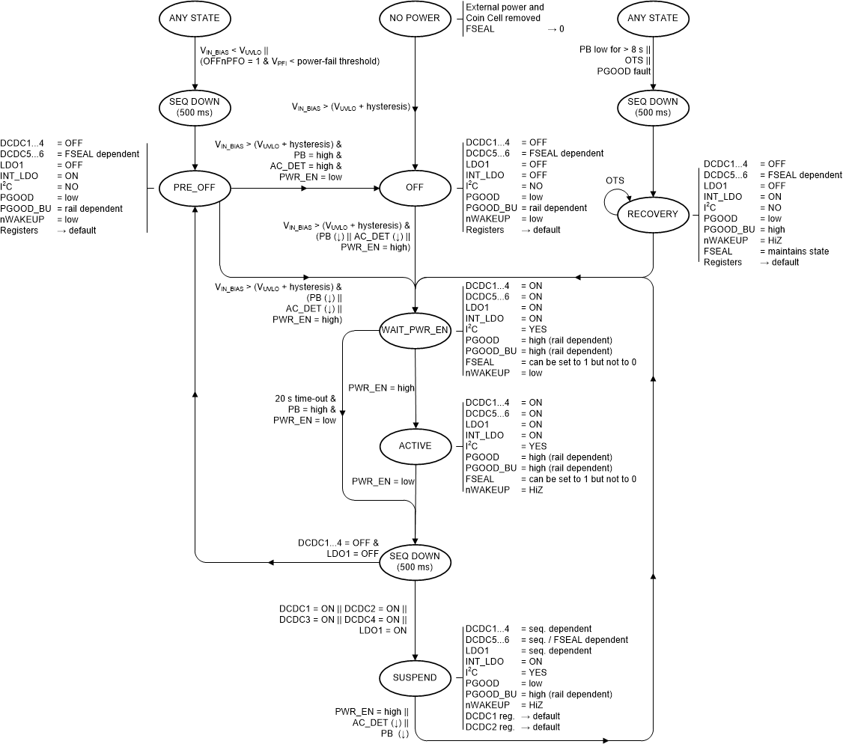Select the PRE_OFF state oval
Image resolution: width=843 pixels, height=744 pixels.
pos(195,188)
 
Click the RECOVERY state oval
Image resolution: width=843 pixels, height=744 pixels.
pos(653,214)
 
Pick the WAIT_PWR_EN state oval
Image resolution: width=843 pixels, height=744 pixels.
pos(416,329)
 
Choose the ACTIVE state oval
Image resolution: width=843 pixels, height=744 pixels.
pos(416,446)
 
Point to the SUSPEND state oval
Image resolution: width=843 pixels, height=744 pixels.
pos(416,678)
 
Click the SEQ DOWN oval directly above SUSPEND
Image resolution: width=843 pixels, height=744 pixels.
pos(416,561)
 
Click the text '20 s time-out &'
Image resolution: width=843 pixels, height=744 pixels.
pos(306,399)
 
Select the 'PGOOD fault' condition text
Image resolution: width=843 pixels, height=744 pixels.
pos(624,71)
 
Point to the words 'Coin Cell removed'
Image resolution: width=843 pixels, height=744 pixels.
pos(502,18)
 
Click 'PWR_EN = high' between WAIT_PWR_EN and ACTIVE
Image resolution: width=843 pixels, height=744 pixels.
pos(381,388)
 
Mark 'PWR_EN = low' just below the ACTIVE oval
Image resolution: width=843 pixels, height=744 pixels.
pos(383,481)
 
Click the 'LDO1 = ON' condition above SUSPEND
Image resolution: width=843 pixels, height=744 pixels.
pos(383,630)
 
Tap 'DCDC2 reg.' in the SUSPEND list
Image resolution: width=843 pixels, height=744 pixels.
pos(490,727)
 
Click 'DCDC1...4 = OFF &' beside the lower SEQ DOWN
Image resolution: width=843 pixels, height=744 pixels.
pos(338,543)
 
